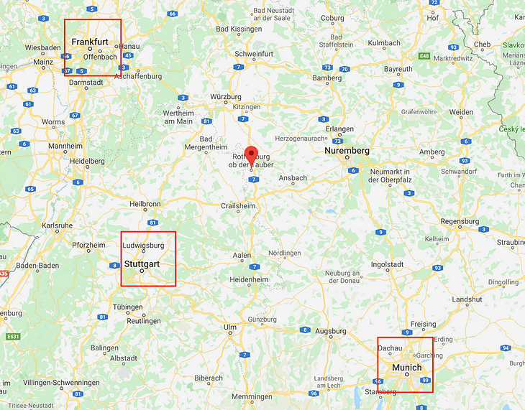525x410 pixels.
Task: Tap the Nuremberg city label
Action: pyautogui.click(x=347, y=151)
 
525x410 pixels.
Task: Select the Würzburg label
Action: pyautogui.click(x=225, y=96)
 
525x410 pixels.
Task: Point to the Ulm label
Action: pyautogui.click(x=230, y=327)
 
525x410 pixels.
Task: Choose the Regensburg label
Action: pyautogui.click(x=459, y=220)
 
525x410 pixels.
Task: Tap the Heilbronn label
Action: pyautogui.click(x=146, y=204)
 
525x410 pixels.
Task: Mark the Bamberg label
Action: pyautogui.click(x=327, y=78)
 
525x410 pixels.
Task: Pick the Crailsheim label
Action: pyautogui.click(x=238, y=205)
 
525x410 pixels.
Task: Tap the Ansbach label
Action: pyautogui.click(x=293, y=178)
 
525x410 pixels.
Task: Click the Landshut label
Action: pyautogui.click(x=467, y=299)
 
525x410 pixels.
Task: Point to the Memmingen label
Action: pyautogui.click(x=252, y=396)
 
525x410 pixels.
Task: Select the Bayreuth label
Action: pyautogui.click(x=398, y=70)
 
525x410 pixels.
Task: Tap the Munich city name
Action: pyautogui.click(x=407, y=368)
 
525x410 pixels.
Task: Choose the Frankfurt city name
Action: pyautogui.click(x=90, y=42)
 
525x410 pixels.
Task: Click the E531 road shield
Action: pyautogui.click(x=13, y=336)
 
